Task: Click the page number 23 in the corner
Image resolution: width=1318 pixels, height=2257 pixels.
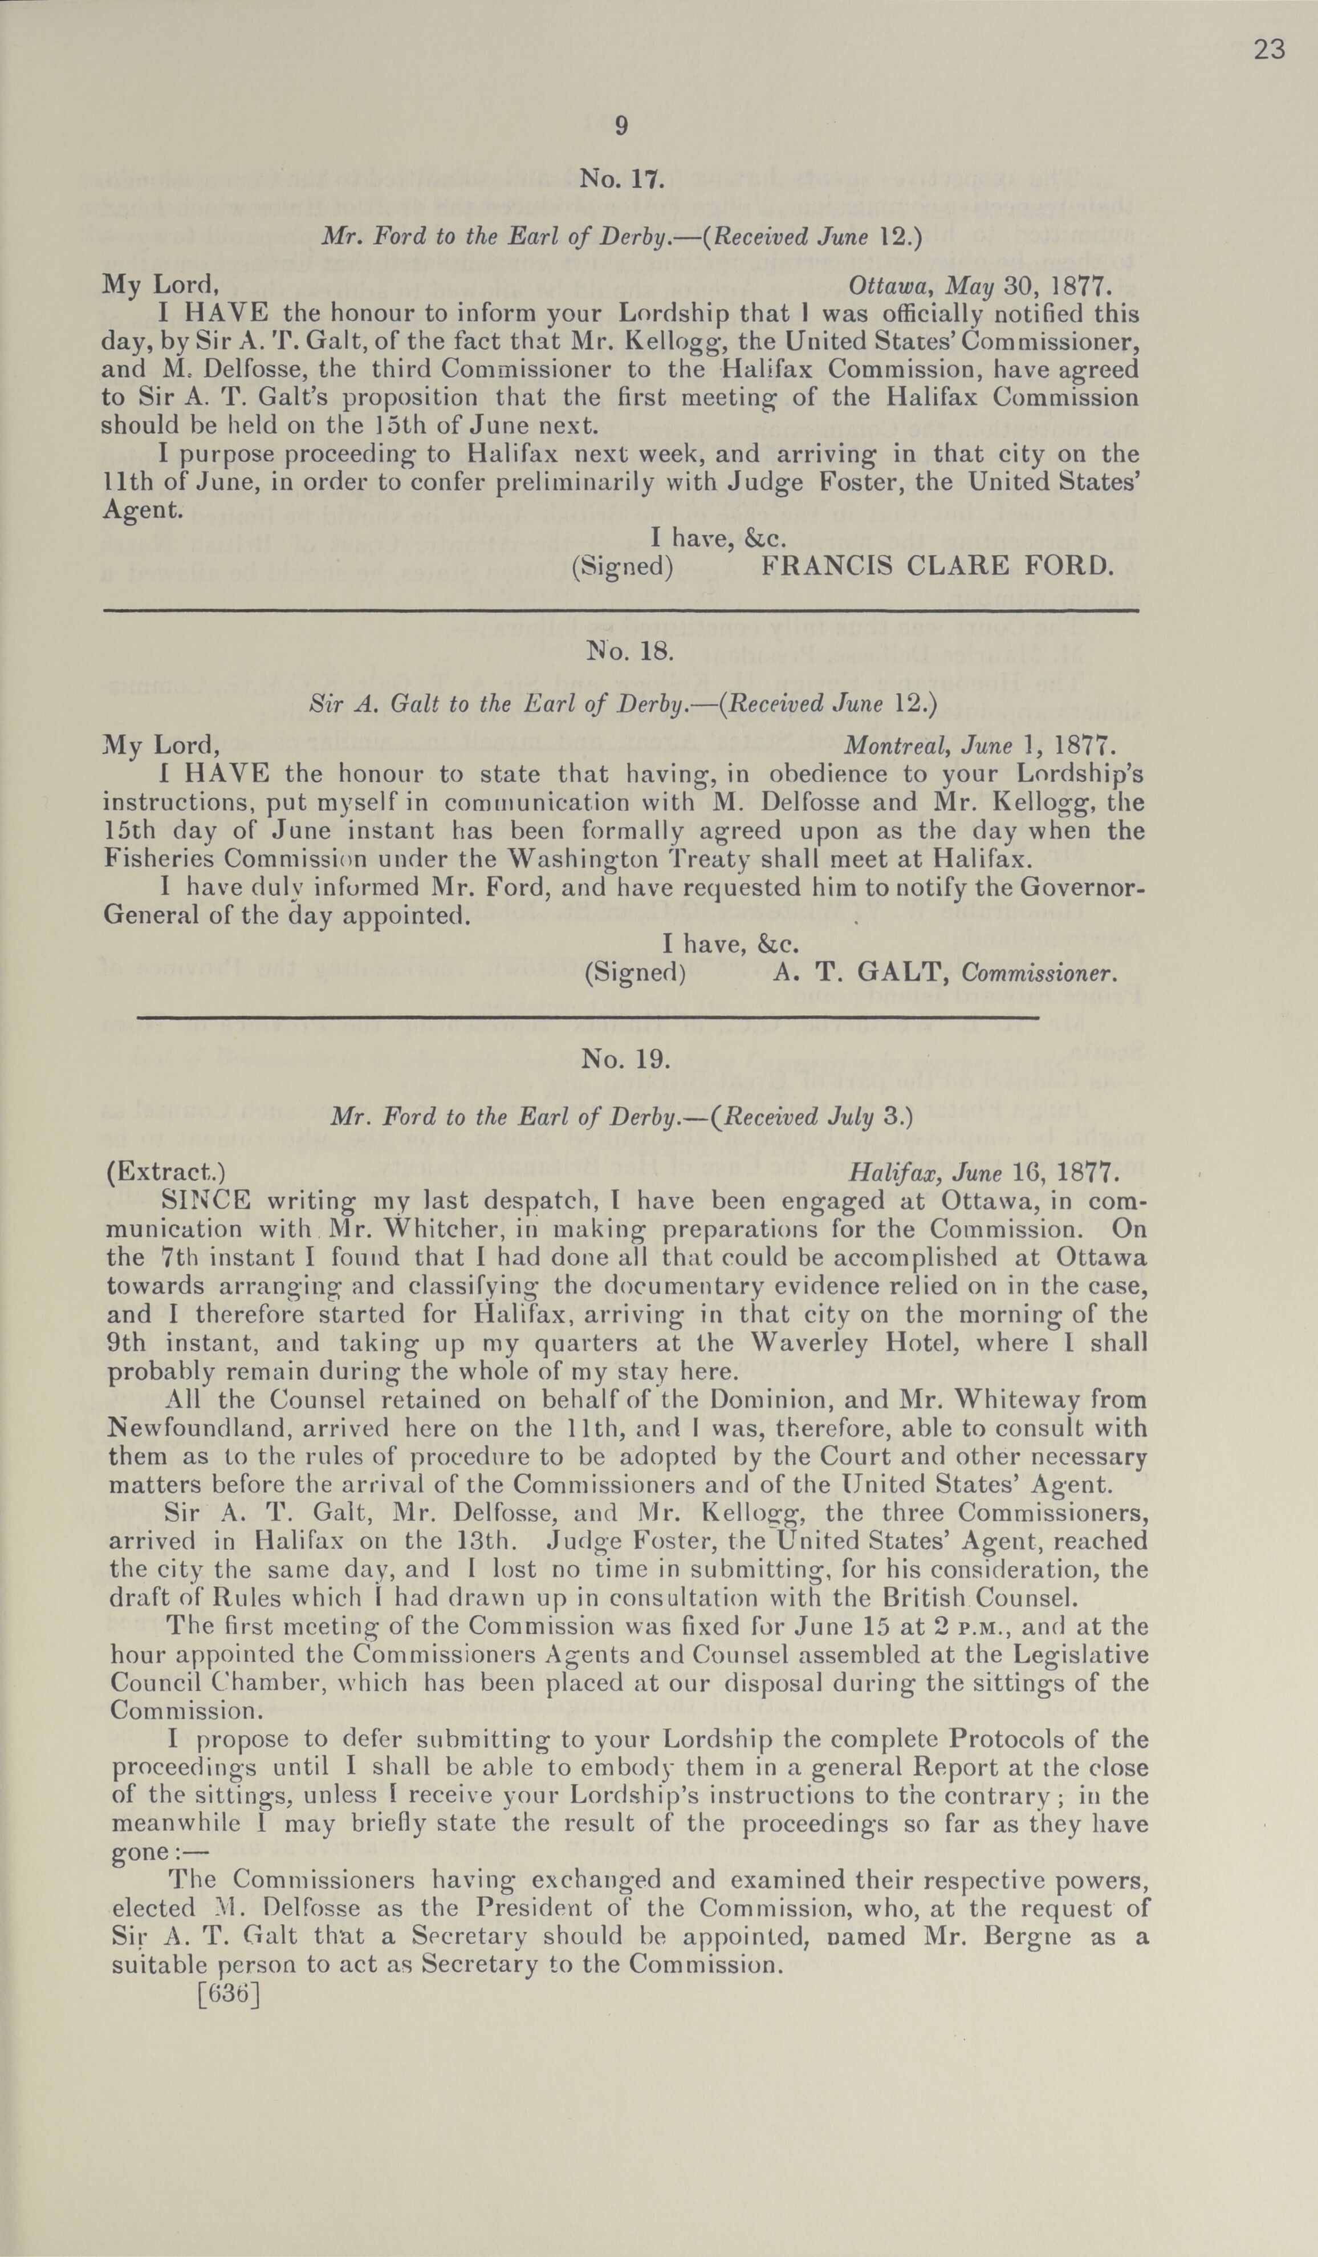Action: (x=1269, y=50)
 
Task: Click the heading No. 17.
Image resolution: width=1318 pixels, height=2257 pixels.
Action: (x=621, y=179)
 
